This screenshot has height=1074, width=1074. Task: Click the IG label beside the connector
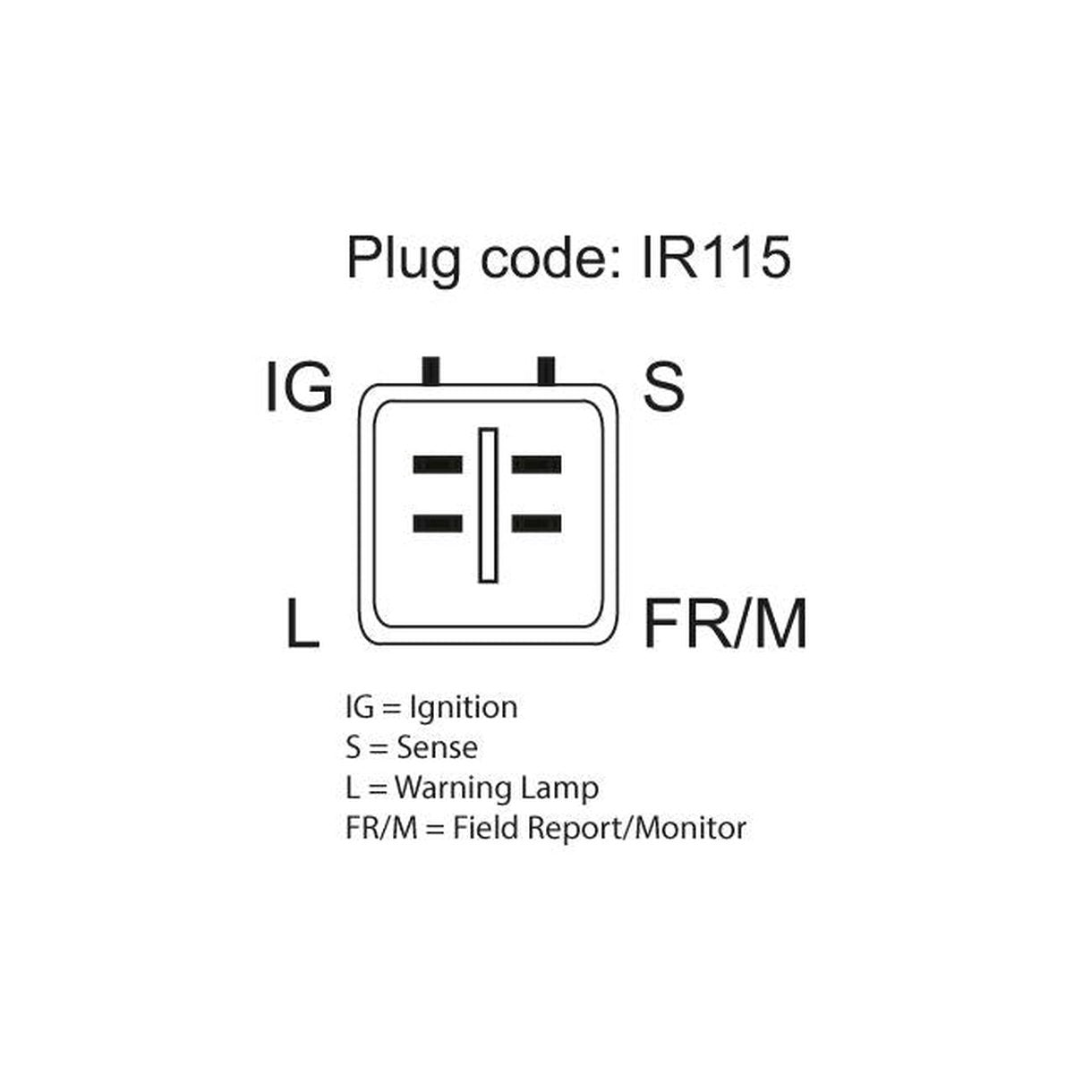pos(299,387)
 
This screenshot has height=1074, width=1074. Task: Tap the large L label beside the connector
pos(303,623)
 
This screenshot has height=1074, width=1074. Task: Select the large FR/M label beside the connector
pos(725,623)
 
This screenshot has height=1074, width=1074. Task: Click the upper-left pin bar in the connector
pos(438,465)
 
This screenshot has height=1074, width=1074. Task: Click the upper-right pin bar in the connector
pos(536,465)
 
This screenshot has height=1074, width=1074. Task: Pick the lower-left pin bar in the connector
pos(438,524)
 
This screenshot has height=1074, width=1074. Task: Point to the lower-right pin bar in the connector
pos(536,524)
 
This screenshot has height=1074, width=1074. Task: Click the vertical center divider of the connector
pos(488,506)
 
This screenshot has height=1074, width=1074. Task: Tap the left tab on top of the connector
pos(431,371)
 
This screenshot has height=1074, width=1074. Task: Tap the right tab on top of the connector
pos(546,371)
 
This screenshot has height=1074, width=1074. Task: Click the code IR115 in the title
pos(716,258)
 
